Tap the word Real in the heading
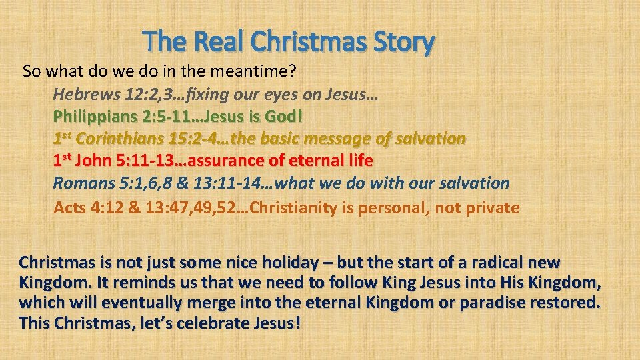click(x=219, y=43)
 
